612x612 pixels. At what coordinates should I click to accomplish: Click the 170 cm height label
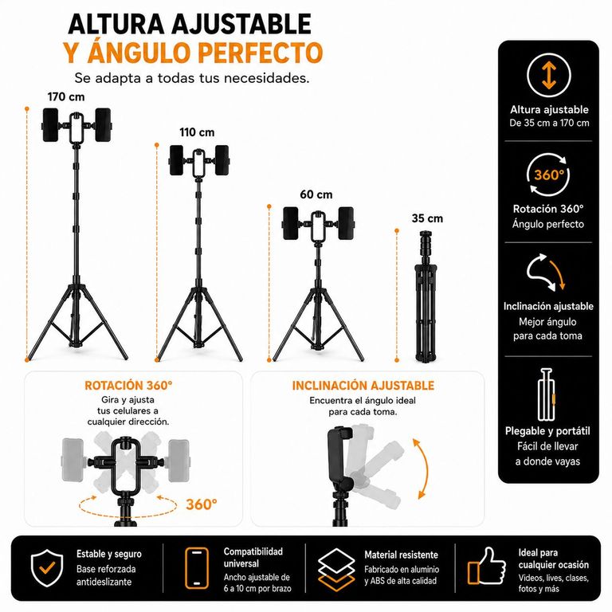click(66, 96)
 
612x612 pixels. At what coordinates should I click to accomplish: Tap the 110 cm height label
click(197, 132)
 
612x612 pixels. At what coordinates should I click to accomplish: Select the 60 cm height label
click(316, 194)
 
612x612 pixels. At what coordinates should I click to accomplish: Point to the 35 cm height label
click(427, 218)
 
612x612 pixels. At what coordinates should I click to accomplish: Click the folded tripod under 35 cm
click(426, 296)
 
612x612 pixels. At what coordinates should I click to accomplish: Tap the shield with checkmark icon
click(47, 567)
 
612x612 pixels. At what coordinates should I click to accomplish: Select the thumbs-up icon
click(486, 566)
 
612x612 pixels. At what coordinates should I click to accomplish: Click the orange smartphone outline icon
click(197, 568)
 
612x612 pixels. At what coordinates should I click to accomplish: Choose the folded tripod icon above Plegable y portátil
click(547, 394)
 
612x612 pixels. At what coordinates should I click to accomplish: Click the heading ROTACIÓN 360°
click(128, 386)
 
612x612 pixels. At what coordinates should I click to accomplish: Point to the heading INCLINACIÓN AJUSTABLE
click(363, 386)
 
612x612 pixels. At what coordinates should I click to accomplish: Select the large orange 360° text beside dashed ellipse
click(202, 504)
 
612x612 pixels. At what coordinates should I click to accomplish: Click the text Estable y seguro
click(109, 555)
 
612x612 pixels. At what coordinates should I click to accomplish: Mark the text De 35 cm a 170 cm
click(549, 123)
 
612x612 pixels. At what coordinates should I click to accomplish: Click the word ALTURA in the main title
click(116, 24)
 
